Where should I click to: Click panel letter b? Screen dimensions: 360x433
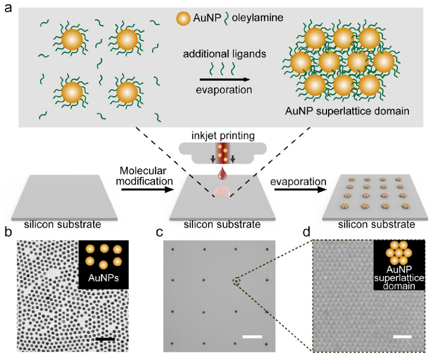click(x=8, y=233)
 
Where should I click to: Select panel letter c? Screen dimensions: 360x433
click(x=159, y=233)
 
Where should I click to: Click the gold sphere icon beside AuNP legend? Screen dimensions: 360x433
click(x=183, y=19)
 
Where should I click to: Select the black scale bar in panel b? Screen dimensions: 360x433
click(x=105, y=338)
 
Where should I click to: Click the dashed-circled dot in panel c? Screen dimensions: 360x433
click(x=236, y=280)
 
